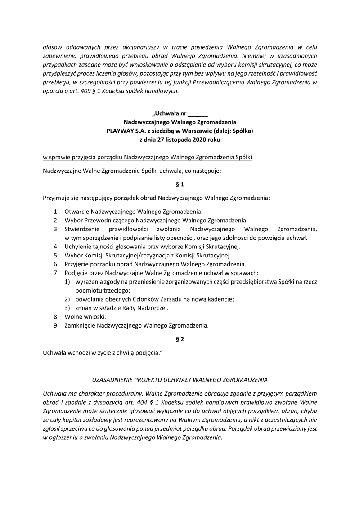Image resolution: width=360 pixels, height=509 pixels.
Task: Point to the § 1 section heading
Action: tap(180, 184)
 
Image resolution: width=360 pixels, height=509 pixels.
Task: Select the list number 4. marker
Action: tap(56, 246)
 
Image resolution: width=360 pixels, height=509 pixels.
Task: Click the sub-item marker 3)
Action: tap(67, 308)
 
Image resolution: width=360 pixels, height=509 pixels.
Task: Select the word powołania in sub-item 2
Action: tap(90, 299)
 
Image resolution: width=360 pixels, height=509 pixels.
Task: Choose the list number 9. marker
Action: tap(56, 325)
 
